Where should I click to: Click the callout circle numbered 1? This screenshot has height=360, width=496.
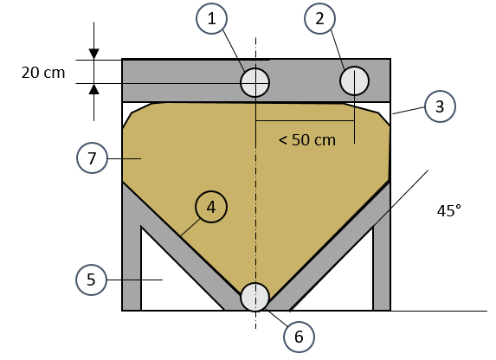[x=211, y=18]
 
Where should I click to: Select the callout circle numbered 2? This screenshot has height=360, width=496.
[x=319, y=18]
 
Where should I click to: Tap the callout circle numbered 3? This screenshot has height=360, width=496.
[x=440, y=106]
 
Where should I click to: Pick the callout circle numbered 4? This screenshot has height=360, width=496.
[x=211, y=207]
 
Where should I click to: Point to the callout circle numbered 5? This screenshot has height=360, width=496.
[x=92, y=280]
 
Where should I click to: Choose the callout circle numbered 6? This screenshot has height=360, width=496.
[x=299, y=337]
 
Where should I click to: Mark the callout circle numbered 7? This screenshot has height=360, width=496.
[x=92, y=157]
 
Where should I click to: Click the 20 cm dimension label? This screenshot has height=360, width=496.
[x=43, y=73]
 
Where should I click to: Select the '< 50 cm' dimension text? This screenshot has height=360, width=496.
[x=306, y=140]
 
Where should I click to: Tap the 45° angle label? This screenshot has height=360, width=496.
[x=449, y=210]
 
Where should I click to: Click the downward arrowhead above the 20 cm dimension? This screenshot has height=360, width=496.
[x=94, y=55]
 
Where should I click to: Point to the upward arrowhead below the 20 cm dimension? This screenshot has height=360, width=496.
[x=94, y=89]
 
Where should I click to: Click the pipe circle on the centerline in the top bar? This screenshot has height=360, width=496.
[x=255, y=82]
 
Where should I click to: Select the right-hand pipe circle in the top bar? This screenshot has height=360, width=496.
[x=354, y=80]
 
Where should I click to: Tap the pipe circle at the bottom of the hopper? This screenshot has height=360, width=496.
[x=255, y=298]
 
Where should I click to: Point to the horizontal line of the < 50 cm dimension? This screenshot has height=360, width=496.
[x=305, y=120]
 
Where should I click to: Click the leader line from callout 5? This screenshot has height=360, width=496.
[x=135, y=280]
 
